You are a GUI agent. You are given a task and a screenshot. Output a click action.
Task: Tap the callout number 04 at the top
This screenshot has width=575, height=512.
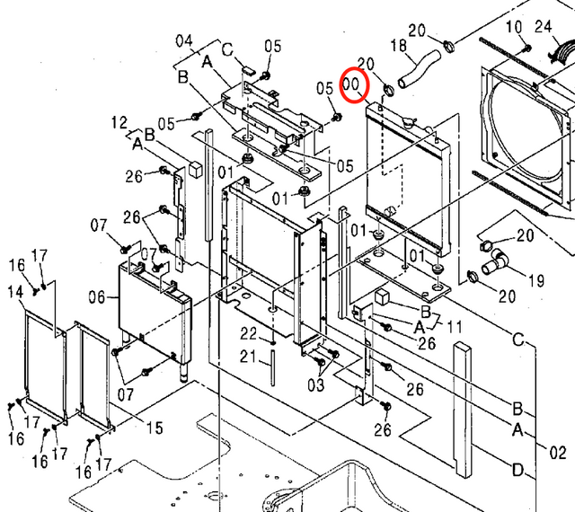pos(183,40)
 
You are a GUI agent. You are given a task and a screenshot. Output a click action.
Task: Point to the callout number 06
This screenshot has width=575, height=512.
pos(98,296)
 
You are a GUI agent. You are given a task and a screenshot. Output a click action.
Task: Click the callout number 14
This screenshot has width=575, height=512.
pos(15,292)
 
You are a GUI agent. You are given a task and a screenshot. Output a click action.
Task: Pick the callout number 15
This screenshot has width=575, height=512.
pos(154,427)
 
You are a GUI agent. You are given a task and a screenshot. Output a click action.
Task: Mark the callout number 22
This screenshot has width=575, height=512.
pos(248,333)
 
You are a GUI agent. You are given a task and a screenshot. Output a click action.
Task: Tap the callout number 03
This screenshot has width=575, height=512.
pos(314,384)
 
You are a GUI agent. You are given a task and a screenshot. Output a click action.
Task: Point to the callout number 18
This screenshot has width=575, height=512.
pos(399,45)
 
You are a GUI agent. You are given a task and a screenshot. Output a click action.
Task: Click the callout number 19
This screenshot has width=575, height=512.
pos(535,281)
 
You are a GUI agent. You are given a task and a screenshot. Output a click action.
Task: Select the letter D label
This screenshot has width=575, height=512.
pos(518,470)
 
